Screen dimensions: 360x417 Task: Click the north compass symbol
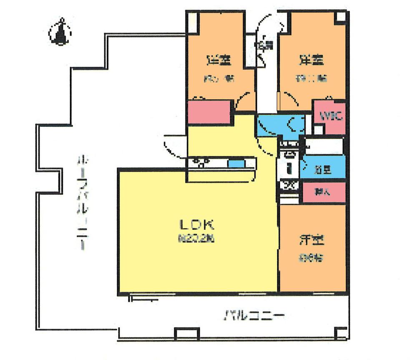click(x=59, y=32)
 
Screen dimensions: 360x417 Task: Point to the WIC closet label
click(x=330, y=115)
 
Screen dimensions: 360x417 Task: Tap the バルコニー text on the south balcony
click(x=255, y=314)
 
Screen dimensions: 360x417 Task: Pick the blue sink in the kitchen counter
click(x=236, y=164)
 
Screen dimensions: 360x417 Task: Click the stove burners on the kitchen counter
click(x=201, y=162)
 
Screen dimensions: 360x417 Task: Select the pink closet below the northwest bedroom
click(x=209, y=112)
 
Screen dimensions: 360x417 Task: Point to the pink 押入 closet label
click(x=323, y=192)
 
